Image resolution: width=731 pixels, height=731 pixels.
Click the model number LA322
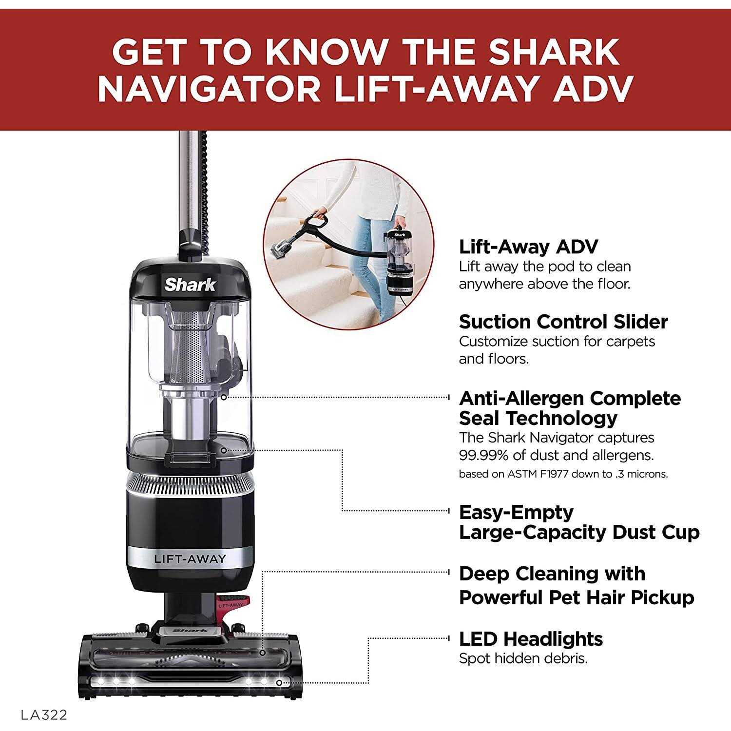[44, 714]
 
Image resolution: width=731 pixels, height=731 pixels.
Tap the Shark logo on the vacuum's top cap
[190, 285]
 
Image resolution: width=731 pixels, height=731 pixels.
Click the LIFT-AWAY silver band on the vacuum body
[190, 558]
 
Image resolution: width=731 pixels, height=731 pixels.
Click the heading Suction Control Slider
[563, 322]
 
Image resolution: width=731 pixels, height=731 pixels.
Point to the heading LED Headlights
[531, 638]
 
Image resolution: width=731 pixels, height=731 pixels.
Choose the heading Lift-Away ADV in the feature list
[528, 247]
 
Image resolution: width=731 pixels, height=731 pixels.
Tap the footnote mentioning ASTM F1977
[563, 474]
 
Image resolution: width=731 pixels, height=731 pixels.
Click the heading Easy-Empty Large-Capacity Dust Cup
[579, 522]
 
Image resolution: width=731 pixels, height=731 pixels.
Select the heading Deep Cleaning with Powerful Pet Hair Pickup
[576, 585]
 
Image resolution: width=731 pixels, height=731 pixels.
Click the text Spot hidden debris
[523, 658]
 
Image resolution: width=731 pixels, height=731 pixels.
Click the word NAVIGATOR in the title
[210, 89]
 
